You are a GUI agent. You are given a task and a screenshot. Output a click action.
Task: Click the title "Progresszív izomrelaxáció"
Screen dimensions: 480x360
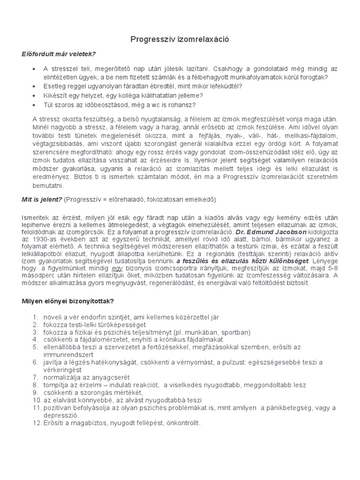point(180,40)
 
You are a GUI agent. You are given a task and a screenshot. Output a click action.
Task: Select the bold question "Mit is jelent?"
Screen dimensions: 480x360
point(42,199)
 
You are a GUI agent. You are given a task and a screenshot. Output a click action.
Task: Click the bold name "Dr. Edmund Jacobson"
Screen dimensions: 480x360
point(265,232)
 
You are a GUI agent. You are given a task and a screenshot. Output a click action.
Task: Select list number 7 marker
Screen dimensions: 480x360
point(35,377)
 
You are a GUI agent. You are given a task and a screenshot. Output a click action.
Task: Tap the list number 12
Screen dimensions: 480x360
point(37,423)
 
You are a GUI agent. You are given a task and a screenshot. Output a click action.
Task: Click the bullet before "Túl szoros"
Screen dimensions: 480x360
point(34,105)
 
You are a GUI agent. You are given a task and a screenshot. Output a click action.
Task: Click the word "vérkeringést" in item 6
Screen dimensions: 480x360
point(62,370)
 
